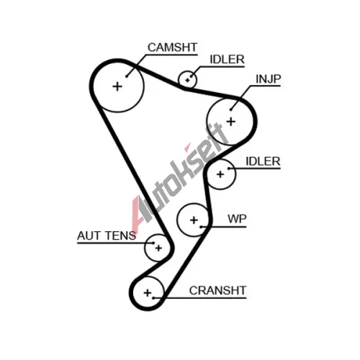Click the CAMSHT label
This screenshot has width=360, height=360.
(x=172, y=48)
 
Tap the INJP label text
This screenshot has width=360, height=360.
(x=268, y=79)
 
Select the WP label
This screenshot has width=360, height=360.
(x=237, y=219)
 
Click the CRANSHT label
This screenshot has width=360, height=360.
(x=217, y=290)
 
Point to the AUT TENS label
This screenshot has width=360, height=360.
(x=107, y=235)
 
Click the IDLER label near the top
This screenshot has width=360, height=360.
(x=227, y=60)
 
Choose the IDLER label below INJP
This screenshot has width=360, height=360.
(x=263, y=161)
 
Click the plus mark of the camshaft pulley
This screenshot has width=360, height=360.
(x=117, y=86)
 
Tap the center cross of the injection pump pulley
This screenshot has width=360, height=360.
(x=231, y=122)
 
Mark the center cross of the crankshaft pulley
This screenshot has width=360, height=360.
(x=148, y=293)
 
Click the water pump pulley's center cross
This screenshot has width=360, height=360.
(x=194, y=220)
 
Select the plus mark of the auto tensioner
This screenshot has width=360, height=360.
(x=158, y=248)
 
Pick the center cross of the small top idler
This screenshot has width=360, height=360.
(x=187, y=80)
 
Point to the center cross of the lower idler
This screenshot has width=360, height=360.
(x=220, y=174)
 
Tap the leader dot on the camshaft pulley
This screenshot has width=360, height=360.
(x=127, y=76)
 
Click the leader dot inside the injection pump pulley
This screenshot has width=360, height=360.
(x=230, y=110)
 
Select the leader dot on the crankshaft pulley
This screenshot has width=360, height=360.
(x=153, y=298)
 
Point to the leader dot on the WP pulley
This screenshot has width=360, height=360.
(x=201, y=227)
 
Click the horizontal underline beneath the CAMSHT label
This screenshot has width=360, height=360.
(x=171, y=55)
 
